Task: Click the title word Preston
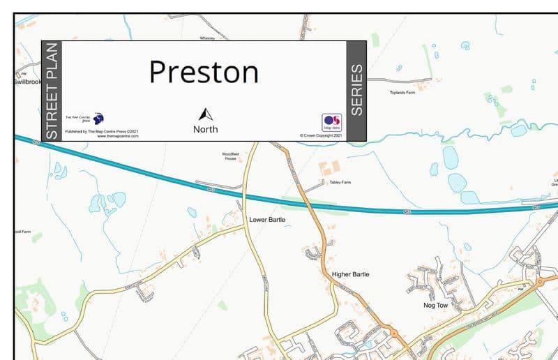[204, 72]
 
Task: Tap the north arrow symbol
[205, 115]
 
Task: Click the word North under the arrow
[205, 129]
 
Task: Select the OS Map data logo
[331, 122]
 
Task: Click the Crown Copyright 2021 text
[321, 135]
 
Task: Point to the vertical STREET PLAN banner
[52, 91]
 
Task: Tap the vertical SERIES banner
[356, 91]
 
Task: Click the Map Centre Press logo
[98, 119]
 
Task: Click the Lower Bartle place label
[267, 220]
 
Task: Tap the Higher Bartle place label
[350, 274]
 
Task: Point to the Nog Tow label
[435, 305]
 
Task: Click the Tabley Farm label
[340, 182]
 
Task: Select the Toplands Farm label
[402, 92]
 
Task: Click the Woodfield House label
[230, 156]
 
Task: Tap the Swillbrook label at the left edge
[27, 82]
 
